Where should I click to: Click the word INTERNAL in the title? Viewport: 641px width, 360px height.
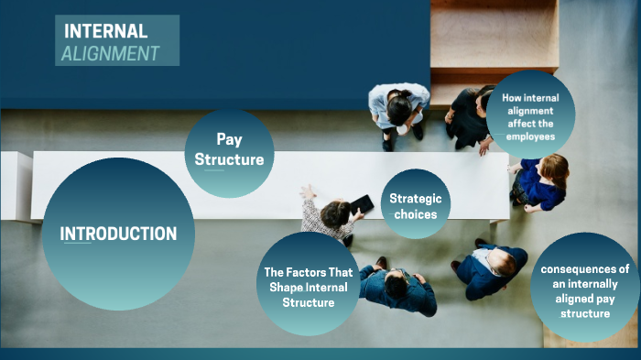(x=105, y=31)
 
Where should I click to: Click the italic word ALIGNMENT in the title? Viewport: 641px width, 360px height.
(x=110, y=53)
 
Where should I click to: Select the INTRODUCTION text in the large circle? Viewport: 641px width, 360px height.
(x=118, y=234)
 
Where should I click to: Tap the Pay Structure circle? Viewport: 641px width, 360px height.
(x=229, y=151)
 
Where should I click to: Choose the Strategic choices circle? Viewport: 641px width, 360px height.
(x=415, y=206)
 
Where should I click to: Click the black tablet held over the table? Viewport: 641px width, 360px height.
(x=363, y=204)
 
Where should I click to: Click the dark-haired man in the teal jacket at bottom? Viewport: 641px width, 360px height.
(x=397, y=288)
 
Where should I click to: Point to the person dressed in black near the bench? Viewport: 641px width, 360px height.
(x=469, y=117)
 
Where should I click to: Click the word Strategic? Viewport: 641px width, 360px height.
(x=415, y=198)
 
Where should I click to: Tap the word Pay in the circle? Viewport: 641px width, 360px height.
(x=229, y=139)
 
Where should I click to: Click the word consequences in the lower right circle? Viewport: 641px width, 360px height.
(x=585, y=269)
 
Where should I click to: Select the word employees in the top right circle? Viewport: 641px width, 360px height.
(x=531, y=136)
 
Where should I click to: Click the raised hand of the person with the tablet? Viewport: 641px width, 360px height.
(x=307, y=191)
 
